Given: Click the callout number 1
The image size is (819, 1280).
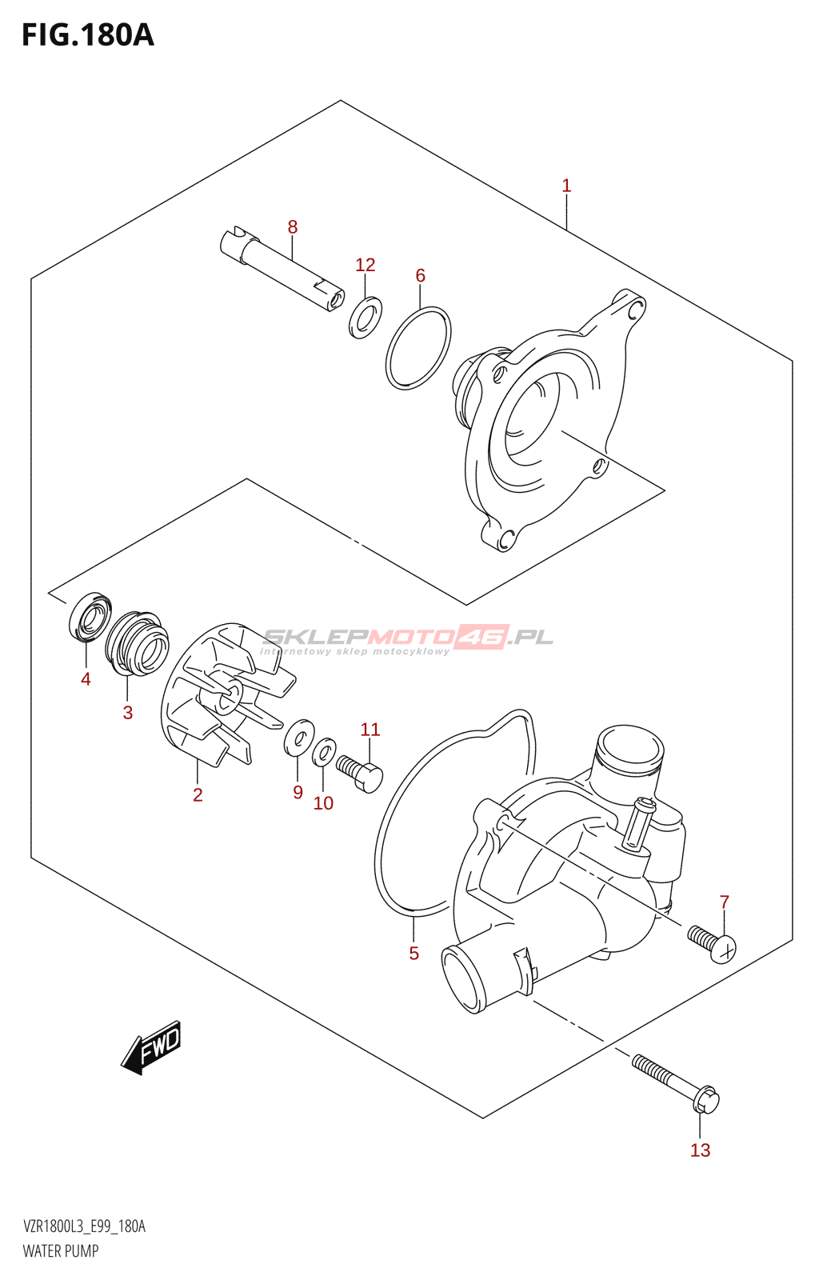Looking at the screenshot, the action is (x=566, y=186).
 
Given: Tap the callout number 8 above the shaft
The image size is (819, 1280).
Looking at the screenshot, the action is (x=293, y=227).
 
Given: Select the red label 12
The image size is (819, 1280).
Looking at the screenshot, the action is (x=365, y=265).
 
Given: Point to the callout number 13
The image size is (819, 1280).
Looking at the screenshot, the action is (x=700, y=1150).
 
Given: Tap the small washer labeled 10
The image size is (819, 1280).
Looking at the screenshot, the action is (x=324, y=752).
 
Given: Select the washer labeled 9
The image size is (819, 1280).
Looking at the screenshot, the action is (x=299, y=737).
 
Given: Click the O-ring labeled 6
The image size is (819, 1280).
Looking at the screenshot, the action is (x=418, y=348).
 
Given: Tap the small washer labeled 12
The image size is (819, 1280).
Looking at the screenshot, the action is (x=366, y=317).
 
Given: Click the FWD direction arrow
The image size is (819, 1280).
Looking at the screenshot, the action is (x=153, y=1047).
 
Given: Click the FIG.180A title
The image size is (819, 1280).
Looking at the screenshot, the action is (x=88, y=35).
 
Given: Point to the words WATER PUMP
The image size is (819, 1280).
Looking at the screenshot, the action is (x=61, y=1251).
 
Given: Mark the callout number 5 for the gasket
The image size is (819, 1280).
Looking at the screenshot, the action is (x=413, y=954).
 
